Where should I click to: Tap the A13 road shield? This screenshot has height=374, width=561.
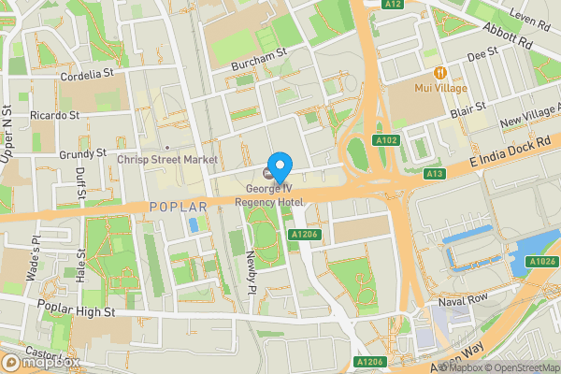433,174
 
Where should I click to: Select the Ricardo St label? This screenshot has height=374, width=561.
55,115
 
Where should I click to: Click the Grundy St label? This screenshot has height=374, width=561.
82,152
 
